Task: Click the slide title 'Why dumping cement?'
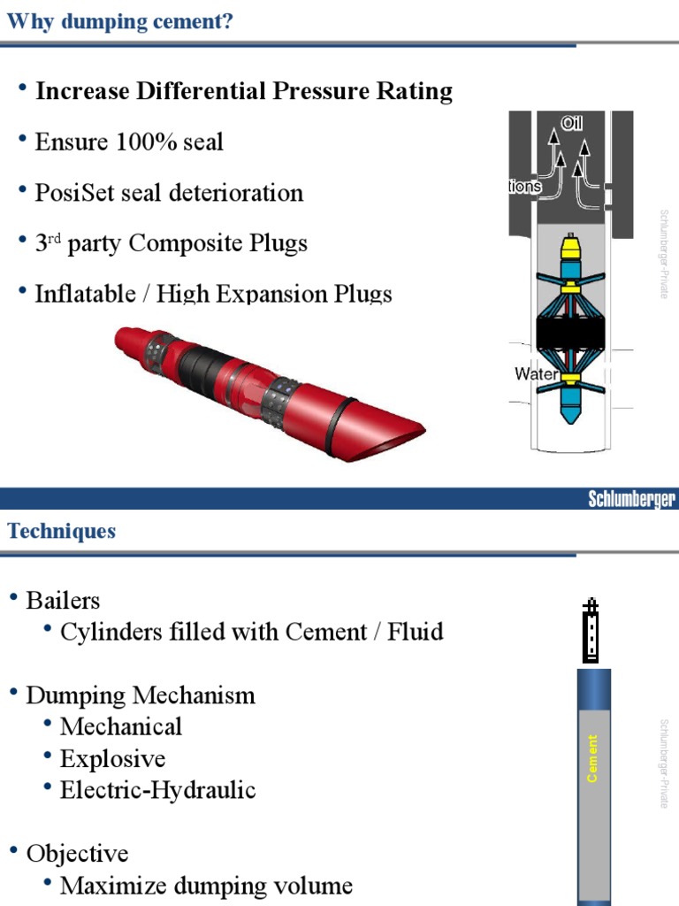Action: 120,21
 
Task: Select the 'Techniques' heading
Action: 62,531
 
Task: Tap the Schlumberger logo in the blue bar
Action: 632,500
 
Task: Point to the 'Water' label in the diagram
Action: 536,374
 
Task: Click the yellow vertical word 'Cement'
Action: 592,758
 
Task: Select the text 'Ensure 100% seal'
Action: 129,142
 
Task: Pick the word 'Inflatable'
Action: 80,294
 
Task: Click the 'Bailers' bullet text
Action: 63,601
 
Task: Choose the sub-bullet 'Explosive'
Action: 112,759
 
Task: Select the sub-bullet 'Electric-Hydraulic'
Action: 157,790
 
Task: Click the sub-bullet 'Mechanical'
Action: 120,727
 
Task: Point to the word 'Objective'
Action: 77,854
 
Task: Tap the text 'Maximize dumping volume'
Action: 206,885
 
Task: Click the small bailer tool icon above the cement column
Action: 591,631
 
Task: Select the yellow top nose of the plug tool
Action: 571,244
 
